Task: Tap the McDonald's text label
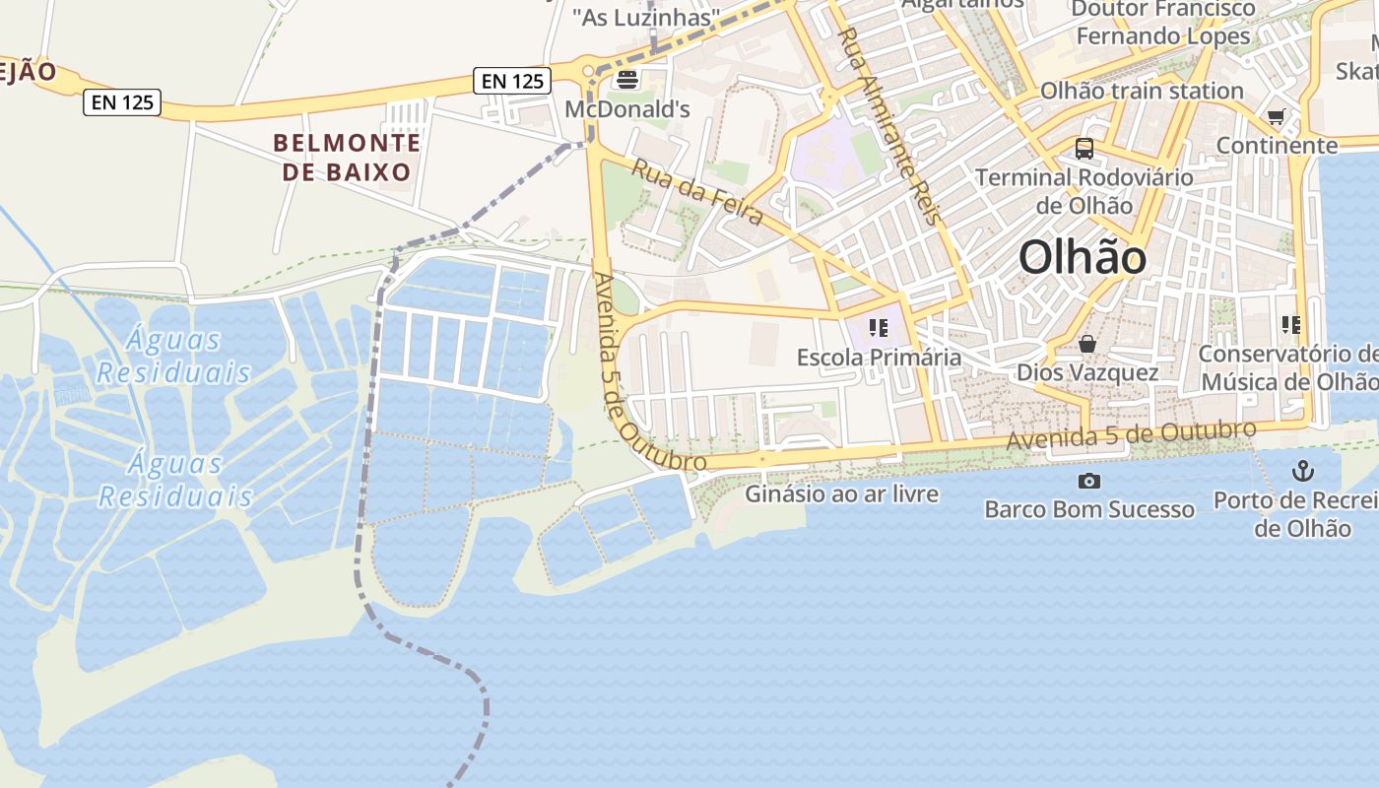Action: point(627,109)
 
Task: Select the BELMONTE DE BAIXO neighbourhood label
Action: point(347,158)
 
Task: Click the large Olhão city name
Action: point(1083,258)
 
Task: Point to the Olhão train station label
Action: point(1142,91)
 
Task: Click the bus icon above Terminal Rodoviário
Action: point(1084,149)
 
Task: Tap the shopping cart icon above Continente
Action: point(1277,117)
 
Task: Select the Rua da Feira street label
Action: point(697,192)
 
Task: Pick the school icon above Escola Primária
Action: point(879,328)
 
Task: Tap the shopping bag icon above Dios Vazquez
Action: point(1087,344)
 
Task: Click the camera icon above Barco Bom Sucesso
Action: point(1089,481)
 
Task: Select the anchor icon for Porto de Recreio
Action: point(1303,471)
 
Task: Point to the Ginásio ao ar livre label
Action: point(842,493)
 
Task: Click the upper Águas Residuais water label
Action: point(173,356)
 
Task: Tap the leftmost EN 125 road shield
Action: point(122,101)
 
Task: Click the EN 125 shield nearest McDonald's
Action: point(512,81)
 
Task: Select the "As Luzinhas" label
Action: point(645,17)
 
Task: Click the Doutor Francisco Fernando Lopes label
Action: point(1162,23)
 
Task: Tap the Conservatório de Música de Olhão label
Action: point(1288,367)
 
